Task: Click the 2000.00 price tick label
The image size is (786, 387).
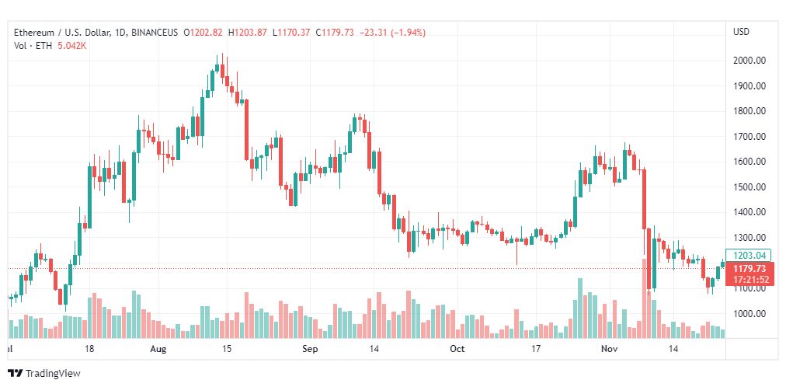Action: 750,61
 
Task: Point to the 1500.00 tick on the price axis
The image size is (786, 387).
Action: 750,187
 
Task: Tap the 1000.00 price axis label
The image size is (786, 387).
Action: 750,314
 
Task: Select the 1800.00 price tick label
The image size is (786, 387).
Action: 750,111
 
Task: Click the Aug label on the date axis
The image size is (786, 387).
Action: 158,350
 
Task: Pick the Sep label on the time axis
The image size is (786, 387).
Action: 311,350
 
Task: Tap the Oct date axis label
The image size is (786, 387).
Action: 457,350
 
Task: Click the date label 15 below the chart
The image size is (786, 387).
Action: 227,350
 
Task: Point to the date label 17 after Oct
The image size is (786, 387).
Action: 536,350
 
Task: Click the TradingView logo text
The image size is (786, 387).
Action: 52,374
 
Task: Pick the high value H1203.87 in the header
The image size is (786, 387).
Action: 248,32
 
